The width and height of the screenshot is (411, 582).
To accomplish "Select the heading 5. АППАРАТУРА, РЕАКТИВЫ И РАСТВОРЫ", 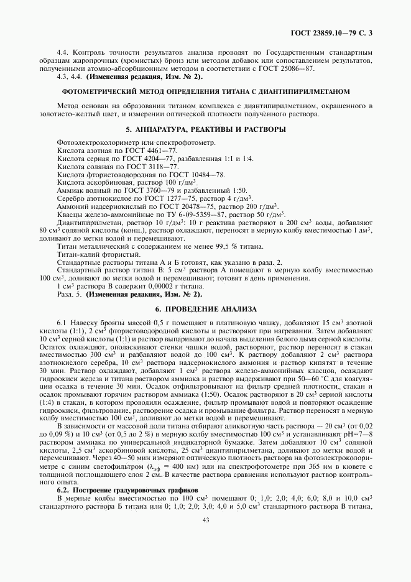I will (x=205, y=129).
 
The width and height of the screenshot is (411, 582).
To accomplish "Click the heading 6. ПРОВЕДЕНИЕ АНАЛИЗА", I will (x=205, y=309).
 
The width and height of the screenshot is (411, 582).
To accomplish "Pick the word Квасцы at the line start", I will (x=70, y=215).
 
